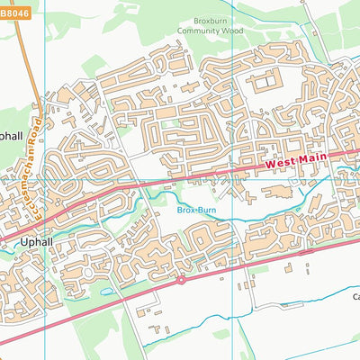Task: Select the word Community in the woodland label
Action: [x=202, y=30]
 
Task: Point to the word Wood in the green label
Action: [x=232, y=30]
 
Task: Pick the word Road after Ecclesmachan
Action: [x=37, y=122]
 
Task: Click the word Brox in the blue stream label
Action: [x=184, y=210]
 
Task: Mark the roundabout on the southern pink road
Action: [x=181, y=280]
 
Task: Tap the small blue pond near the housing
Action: [x=107, y=292]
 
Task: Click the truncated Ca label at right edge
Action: [x=355, y=296]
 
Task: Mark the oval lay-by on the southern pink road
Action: [x=289, y=265]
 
